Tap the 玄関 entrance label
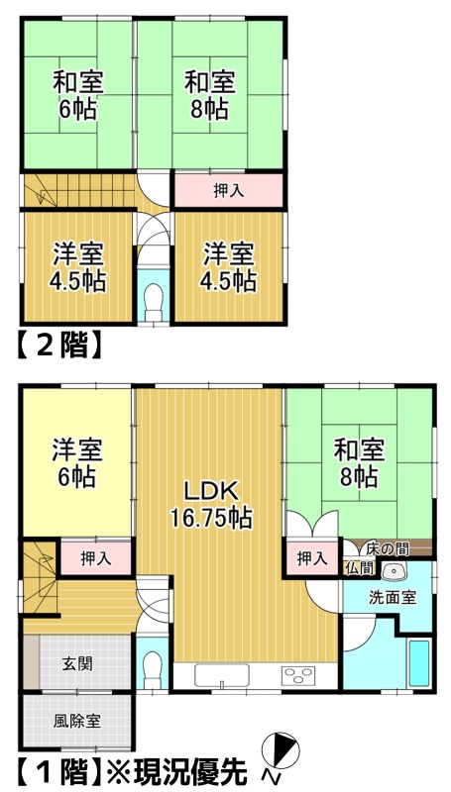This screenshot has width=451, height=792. click(77, 664)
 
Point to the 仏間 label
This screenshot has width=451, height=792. click(359, 568)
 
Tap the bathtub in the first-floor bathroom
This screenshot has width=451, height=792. click(419, 663)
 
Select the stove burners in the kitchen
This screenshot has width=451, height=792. click(298, 675)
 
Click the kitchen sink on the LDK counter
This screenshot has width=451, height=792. click(222, 675)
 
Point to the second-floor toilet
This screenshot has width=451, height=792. click(153, 303)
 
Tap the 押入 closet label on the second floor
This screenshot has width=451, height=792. click(229, 191)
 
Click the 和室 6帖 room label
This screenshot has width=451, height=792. click(78, 96)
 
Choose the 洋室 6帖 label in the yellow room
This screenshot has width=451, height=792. click(77, 463)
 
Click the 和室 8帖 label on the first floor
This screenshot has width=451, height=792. click(360, 463)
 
